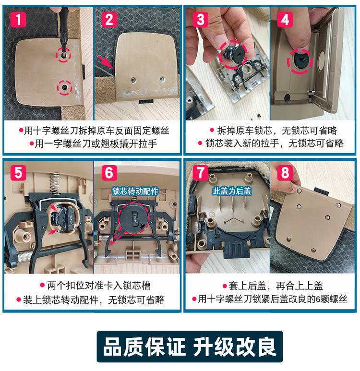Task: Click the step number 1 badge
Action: point(18,20)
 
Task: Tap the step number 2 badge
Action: point(109,20)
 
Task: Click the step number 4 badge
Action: point(285,20)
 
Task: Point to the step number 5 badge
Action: point(18,172)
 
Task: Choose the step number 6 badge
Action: point(109,172)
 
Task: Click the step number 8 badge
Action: point(285,172)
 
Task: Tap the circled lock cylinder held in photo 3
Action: point(234,52)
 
